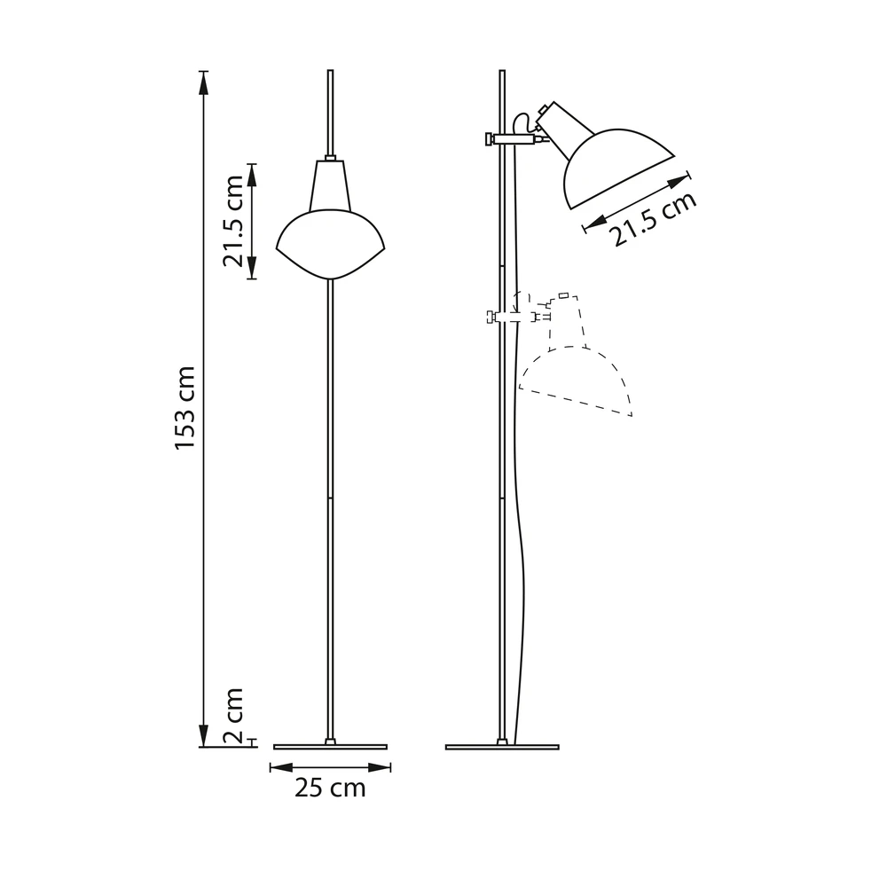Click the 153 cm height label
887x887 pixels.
[x=184, y=407]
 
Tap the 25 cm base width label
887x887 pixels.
[x=330, y=788]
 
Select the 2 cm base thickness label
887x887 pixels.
[x=232, y=717]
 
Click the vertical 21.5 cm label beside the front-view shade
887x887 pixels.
[x=233, y=222]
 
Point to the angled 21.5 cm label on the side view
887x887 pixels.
[x=654, y=219]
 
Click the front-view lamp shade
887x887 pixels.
[x=331, y=244]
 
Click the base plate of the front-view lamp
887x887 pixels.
[x=331, y=747]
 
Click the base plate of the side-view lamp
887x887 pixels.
[x=502, y=747]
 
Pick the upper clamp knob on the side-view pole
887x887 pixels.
[x=490, y=138]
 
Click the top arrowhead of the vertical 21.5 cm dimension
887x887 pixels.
[x=252, y=174]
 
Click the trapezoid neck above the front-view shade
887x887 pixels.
[x=330, y=186]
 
